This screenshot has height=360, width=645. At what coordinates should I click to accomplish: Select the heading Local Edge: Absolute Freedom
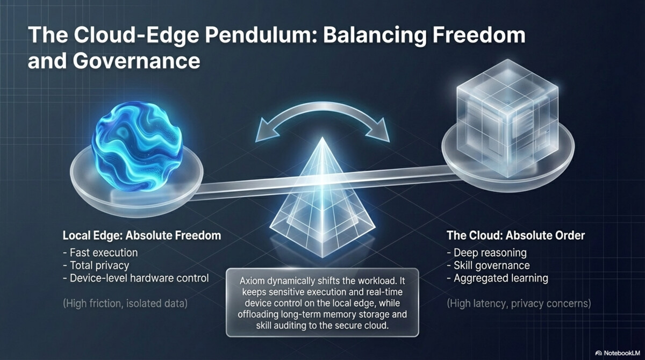click(142, 235)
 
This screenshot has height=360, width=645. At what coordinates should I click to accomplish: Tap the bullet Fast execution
click(104, 252)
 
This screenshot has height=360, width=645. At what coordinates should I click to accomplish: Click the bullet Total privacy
click(99, 265)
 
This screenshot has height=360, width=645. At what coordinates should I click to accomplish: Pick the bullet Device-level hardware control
click(139, 278)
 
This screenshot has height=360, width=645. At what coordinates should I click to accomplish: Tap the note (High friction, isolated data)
click(125, 304)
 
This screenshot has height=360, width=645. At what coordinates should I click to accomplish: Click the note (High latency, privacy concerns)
click(519, 304)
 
